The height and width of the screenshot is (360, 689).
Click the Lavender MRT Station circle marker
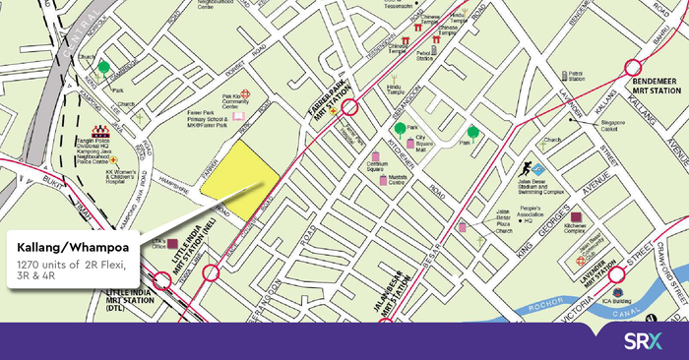(617, 275)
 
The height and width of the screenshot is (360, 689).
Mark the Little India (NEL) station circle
(210, 272)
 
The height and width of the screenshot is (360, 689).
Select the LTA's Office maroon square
(173, 243)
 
